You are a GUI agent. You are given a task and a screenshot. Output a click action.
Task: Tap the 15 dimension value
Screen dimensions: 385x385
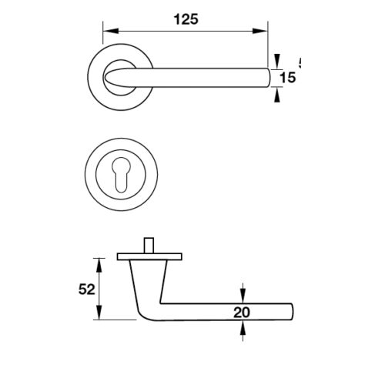[x=286, y=78]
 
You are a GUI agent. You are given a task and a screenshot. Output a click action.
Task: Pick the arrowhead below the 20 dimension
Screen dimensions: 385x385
[x=244, y=329]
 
